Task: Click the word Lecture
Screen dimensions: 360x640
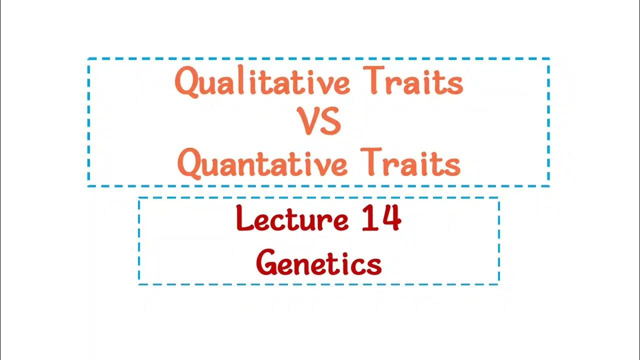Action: (x=292, y=219)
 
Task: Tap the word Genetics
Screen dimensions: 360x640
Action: (x=319, y=263)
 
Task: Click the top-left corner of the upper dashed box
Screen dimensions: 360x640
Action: (x=88, y=59)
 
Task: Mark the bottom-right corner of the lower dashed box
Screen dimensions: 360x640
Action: (x=498, y=284)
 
